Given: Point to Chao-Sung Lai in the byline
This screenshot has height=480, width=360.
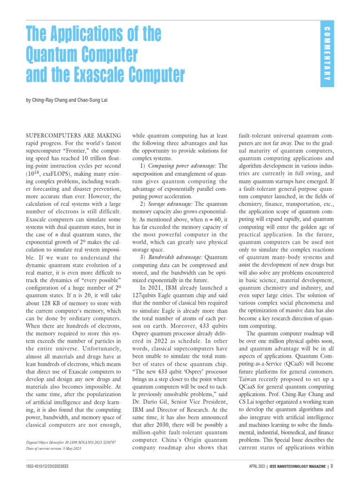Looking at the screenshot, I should [x=93, y=100].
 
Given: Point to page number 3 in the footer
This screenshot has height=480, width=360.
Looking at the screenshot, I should [x=332, y=466].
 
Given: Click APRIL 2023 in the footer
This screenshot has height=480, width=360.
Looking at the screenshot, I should [x=257, y=466].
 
